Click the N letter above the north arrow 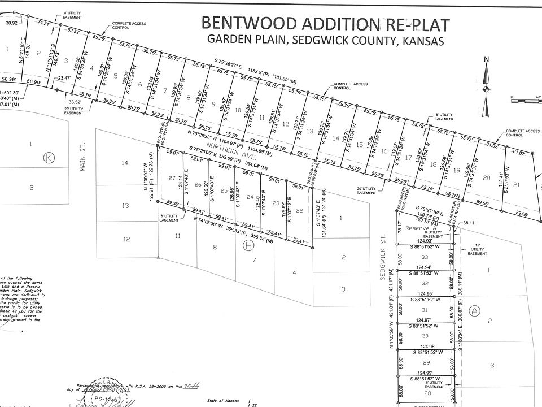(487, 59)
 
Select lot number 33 (425, 257)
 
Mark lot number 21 (516, 185)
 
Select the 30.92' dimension (12, 23)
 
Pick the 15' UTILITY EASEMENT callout (478, 249)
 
